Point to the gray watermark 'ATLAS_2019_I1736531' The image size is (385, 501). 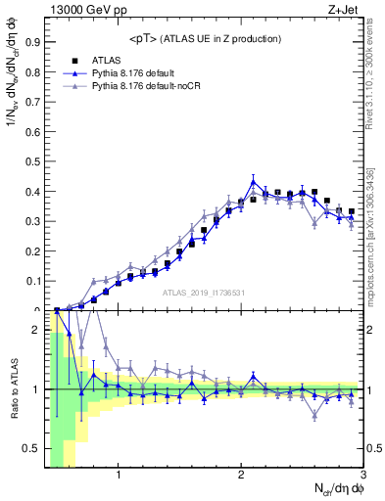(203, 293)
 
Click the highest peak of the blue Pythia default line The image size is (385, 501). (253, 181)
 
